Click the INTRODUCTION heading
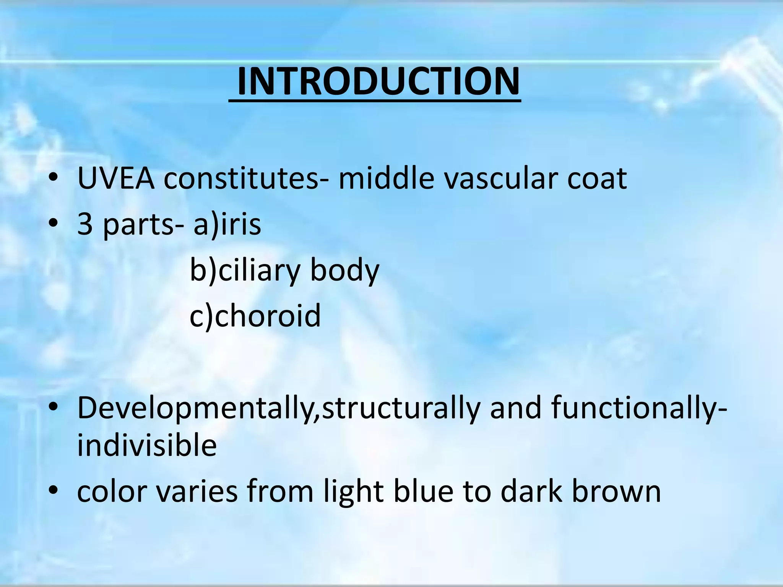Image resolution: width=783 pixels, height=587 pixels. click(378, 82)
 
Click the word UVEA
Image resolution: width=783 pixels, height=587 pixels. click(116, 178)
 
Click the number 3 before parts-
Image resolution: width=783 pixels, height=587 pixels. click(85, 224)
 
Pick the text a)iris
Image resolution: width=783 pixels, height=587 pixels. click(227, 224)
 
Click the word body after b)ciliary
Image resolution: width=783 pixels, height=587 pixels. click(344, 271)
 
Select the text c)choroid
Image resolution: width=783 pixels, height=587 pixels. click(255, 316)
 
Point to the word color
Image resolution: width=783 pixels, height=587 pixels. click(112, 492)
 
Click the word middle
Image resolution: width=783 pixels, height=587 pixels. click(386, 178)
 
